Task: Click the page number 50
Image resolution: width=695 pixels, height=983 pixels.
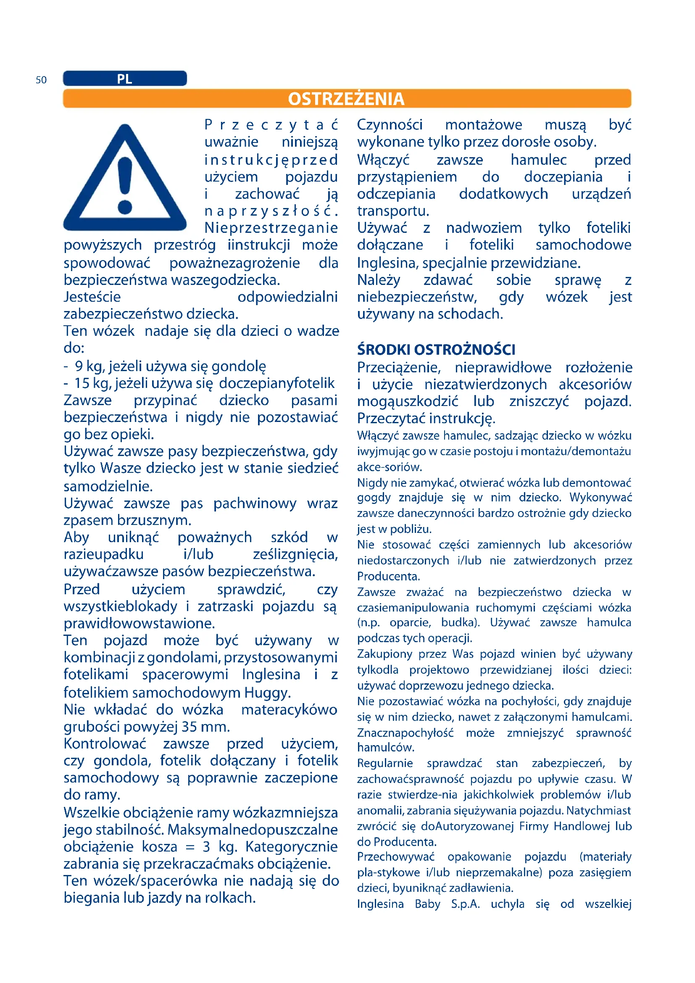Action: [41, 80]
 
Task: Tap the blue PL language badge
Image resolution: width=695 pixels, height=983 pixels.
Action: [124, 79]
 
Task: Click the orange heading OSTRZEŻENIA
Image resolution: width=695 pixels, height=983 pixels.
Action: [346, 99]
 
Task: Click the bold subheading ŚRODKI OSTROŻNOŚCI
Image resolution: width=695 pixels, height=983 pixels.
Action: [436, 350]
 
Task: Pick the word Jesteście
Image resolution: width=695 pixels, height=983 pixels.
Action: [92, 297]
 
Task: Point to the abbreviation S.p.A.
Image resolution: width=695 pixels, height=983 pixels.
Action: [465, 904]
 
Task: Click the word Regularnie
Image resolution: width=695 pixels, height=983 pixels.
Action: [385, 763]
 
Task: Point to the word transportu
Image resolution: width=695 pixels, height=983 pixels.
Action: [393, 211]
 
